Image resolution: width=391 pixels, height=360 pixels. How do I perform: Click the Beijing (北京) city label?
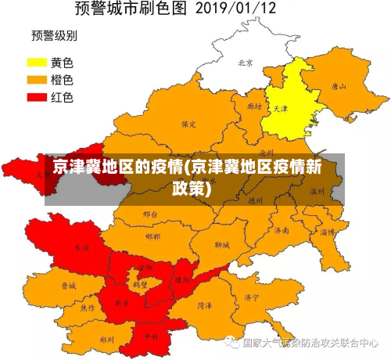pyautogui.click(x=245, y=63)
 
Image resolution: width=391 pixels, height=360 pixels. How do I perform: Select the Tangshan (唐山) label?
pyautogui.click(x=338, y=87)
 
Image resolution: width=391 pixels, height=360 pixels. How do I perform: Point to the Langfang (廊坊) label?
pyautogui.click(x=253, y=106)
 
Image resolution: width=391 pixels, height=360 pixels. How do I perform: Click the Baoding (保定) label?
pyautogui.click(x=188, y=124)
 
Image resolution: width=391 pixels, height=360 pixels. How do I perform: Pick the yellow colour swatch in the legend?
pyautogui.click(x=37, y=61)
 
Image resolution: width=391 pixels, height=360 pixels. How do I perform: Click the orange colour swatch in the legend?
pyautogui.click(x=37, y=79)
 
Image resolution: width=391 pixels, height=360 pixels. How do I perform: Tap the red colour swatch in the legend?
pyautogui.click(x=37, y=97)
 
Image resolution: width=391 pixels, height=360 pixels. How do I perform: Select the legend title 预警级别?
pyautogui.click(x=52, y=35)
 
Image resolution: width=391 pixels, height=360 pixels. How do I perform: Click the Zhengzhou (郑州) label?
pyautogui.click(x=107, y=340)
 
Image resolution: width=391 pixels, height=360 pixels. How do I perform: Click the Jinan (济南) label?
pyautogui.click(x=281, y=231)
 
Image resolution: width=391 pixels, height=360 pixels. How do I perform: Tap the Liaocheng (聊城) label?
pyautogui.click(x=222, y=244)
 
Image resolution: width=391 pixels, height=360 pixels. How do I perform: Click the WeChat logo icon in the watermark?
pyautogui.click(x=231, y=342)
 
